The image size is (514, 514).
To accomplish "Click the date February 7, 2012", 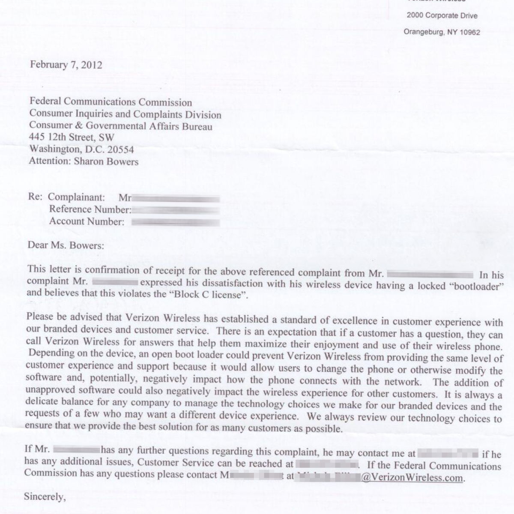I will coord(66,65).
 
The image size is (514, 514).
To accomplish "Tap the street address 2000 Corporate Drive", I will coord(442,16).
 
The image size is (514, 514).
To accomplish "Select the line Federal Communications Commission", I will coord(111,102).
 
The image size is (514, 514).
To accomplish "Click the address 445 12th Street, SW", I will coord(72,137).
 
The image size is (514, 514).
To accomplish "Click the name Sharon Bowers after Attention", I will coord(106,161).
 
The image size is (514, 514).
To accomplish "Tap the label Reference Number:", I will coord(90,209).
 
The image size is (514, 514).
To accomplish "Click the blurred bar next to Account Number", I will coord(176,222).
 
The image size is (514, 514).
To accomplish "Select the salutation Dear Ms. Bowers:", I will coord(66,245).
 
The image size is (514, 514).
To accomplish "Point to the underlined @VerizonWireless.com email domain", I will coord(412,478).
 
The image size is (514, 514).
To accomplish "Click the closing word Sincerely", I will coord(45,497).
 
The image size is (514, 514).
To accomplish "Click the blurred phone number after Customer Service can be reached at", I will coord(327,464).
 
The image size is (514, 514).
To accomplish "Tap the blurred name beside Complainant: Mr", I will coord(176,198).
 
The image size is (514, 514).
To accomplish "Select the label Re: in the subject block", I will coord(35,197).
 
